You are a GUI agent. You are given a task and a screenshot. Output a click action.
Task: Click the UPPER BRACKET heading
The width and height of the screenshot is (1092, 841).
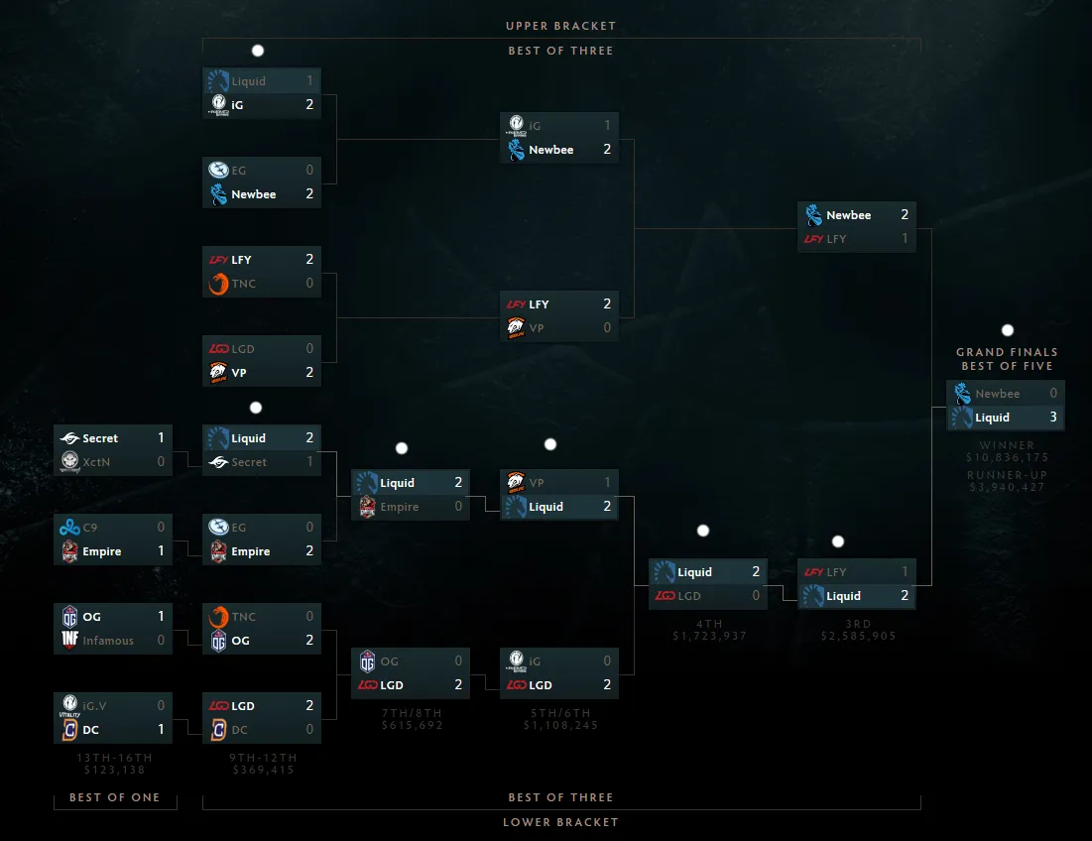[x=560, y=26]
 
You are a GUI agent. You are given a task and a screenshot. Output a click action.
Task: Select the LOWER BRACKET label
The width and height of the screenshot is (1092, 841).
[x=560, y=822]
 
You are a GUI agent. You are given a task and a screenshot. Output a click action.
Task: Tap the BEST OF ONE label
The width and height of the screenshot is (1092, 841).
[x=114, y=797]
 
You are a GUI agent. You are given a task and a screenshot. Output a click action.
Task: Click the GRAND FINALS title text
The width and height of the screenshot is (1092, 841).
[x=1007, y=352]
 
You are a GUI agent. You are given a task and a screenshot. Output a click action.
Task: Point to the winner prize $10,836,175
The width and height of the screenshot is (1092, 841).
[x=1007, y=458]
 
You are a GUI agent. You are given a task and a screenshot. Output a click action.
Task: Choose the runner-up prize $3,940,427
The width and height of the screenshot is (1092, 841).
[x=1007, y=487]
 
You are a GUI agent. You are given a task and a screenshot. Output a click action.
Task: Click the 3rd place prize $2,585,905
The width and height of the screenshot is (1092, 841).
[x=858, y=636]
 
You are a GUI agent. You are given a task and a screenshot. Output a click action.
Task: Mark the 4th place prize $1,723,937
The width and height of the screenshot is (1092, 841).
[x=709, y=636]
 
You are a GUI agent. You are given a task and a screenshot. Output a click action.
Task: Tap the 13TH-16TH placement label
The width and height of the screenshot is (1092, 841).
[x=114, y=758]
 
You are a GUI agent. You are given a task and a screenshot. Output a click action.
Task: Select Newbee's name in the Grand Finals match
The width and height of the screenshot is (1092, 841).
[x=997, y=394]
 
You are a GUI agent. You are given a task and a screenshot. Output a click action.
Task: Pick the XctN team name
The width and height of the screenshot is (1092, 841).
[x=98, y=462]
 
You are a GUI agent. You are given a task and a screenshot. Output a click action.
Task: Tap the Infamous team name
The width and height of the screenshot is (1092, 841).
[x=108, y=641]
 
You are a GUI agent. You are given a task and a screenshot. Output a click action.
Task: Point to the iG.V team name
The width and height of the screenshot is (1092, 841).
[x=96, y=706]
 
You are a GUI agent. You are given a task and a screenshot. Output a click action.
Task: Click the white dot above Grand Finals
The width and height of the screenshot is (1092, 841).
[x=1008, y=330]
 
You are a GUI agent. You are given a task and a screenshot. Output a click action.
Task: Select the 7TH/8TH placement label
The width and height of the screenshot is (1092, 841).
[x=412, y=713]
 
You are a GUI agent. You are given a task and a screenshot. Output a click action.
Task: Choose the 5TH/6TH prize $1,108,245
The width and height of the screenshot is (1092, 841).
[x=560, y=725]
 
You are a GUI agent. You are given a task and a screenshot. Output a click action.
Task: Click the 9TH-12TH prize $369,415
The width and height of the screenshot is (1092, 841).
[x=263, y=770]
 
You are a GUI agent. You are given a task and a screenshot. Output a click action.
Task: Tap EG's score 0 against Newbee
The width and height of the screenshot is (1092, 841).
[x=309, y=171]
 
